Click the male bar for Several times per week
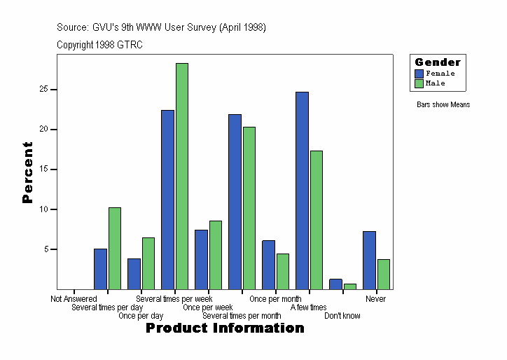coord(182,176)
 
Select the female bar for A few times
coord(302,190)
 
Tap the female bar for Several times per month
coord(235,201)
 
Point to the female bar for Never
coord(369,260)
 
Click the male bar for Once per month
coord(283,271)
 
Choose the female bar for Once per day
coord(134,273)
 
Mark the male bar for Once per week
coord(216,254)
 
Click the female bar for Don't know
coord(335,284)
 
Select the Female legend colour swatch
coord(419,74)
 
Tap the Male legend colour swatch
coord(419,83)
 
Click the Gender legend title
coord(438,62)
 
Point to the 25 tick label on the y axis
coord(43,90)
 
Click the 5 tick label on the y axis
coord(46,249)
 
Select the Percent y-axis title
coord(28,172)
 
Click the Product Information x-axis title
coord(225,328)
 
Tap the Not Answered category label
coord(74,299)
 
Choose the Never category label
coord(375,299)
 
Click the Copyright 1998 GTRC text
coord(100,45)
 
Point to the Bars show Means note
coord(443,105)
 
